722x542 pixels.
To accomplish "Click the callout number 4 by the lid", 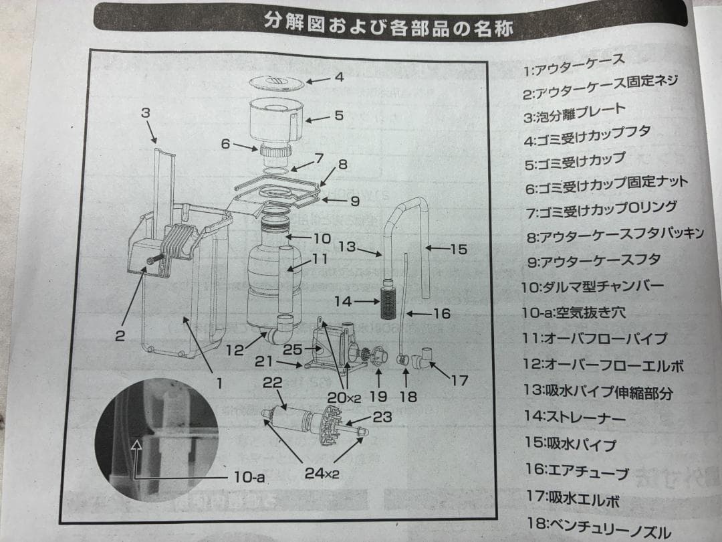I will pyautogui.click(x=339, y=77).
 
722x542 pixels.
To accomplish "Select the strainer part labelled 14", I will pyautogui.click(x=388, y=302).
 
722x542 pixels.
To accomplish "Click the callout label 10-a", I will pyautogui.click(x=249, y=477).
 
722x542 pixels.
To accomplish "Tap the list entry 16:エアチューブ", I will pyautogui.click(x=576, y=471).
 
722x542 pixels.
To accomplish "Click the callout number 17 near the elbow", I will pyautogui.click(x=459, y=381).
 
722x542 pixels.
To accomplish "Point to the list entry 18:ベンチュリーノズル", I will pyautogui.click(x=597, y=531).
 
